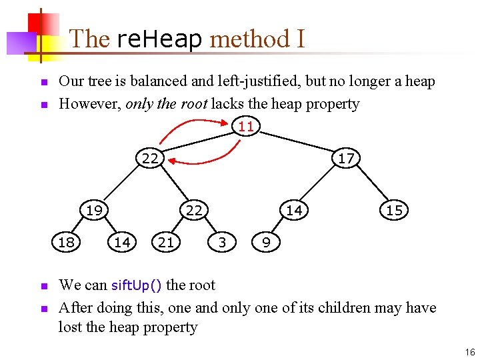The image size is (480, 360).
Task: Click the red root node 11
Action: (246, 126)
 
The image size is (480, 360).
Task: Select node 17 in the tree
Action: (346, 158)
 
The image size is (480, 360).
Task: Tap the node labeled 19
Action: (94, 210)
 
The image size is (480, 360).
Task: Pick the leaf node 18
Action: (66, 242)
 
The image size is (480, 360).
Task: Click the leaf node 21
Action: (166, 242)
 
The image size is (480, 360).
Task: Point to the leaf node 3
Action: (222, 242)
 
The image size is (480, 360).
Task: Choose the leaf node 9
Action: (266, 242)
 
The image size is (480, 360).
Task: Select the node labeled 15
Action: (394, 210)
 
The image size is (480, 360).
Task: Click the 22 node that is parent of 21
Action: (194, 210)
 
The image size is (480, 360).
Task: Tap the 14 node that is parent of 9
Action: (294, 210)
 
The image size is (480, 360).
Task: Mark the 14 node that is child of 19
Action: (122, 242)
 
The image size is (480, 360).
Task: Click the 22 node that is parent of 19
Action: (150, 158)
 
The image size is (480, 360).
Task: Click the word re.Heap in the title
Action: (159, 39)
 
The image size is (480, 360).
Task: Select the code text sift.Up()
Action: (136, 285)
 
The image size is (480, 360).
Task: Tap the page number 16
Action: (470, 352)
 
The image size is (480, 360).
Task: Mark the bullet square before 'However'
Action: (43, 105)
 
